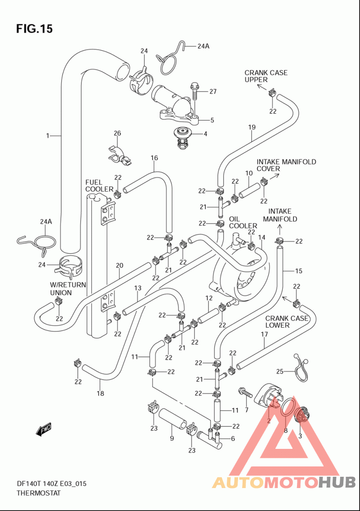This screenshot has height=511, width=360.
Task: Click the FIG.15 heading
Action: (34, 29)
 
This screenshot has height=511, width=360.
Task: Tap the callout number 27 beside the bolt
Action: (213, 91)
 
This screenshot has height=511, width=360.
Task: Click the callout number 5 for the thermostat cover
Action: (212, 120)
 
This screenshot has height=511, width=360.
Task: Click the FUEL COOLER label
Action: (99, 186)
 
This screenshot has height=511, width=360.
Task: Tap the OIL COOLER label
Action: (243, 222)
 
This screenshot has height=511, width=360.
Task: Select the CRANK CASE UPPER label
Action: (266, 76)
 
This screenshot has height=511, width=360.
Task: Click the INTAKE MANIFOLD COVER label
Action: (286, 165)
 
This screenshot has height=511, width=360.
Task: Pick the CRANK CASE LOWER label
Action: (287, 321)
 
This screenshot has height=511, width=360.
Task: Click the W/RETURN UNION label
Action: (68, 289)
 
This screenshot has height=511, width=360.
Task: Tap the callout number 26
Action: (117, 133)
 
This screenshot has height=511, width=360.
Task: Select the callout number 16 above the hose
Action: (154, 158)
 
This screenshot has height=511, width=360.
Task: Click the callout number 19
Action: (252, 127)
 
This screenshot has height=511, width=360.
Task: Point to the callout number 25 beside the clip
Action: (280, 371)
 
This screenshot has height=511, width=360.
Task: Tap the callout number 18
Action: (100, 393)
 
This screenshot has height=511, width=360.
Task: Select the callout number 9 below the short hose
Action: (172, 439)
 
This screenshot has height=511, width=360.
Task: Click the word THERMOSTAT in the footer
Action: (39, 493)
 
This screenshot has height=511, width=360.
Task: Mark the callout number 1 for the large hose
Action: (48, 135)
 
